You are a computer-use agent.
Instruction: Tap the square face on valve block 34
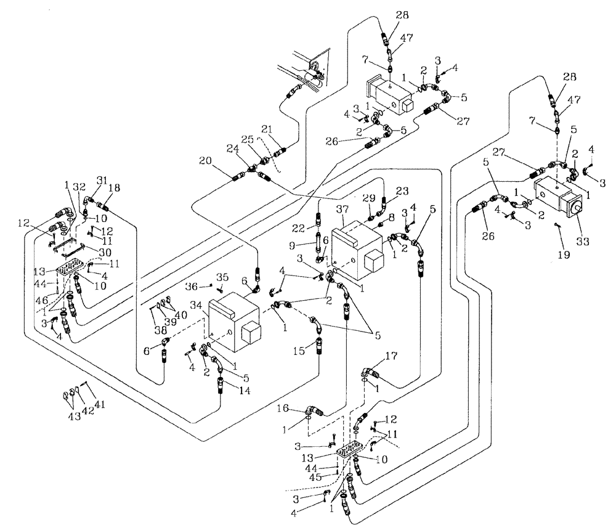tap(252, 333)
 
